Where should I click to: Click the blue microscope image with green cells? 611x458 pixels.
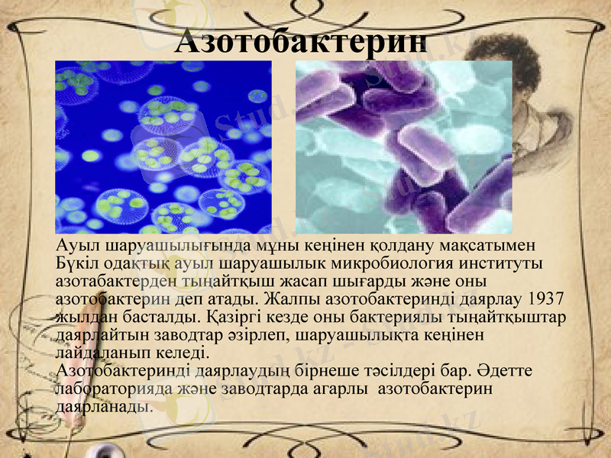tap(163, 147)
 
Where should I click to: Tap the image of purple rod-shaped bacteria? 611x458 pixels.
tap(403, 147)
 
